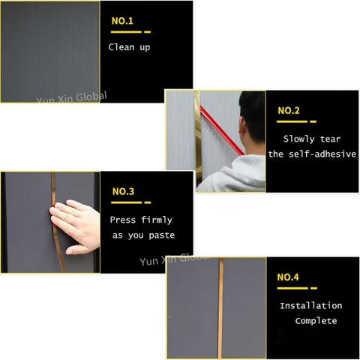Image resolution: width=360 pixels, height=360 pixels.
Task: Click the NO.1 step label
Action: [x=122, y=22]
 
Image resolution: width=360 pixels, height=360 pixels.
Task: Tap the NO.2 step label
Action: [x=289, y=111]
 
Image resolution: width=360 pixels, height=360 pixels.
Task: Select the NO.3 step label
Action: [x=123, y=192]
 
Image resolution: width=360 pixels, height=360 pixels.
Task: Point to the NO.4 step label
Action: [x=288, y=277]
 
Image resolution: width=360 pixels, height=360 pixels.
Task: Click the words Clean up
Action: [x=129, y=47]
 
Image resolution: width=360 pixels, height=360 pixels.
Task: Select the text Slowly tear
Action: [x=311, y=139]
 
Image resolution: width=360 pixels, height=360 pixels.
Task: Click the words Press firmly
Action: [x=141, y=220]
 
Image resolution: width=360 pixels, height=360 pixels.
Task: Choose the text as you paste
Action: [x=142, y=235]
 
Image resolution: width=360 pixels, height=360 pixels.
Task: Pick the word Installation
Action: [x=310, y=306]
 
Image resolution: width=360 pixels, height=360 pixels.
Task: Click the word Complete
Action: [x=316, y=321]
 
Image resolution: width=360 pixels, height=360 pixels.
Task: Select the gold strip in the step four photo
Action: [x=220, y=307]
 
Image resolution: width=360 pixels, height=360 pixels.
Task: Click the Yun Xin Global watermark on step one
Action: [x=72, y=97]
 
